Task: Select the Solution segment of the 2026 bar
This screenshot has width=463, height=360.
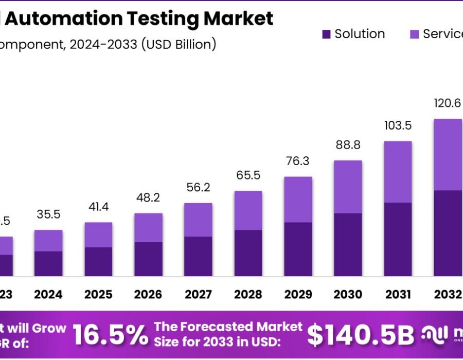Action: tap(148, 259)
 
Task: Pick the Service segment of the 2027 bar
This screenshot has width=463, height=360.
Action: tap(198, 220)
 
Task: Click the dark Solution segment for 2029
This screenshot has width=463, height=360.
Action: tap(298, 249)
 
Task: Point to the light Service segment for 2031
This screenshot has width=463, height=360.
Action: tap(398, 172)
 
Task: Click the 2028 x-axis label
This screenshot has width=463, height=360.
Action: tap(248, 294)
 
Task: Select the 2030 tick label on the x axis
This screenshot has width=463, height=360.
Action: tap(348, 294)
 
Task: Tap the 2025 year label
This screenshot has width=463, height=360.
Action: tap(98, 294)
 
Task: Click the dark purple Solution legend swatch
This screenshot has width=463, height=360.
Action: tap(326, 34)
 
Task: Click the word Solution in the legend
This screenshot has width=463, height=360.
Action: tap(360, 34)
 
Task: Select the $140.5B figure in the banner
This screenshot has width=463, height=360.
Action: tap(361, 335)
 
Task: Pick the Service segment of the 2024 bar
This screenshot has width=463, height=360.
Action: tap(48, 241)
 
